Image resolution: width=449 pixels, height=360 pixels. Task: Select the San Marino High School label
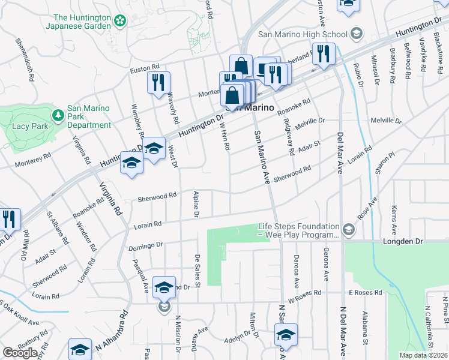coord(304,34)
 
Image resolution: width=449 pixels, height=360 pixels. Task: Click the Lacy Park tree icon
coord(58,114)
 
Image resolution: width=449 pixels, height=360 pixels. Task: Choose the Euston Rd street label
coord(145,70)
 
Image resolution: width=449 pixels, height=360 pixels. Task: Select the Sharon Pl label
coord(384,163)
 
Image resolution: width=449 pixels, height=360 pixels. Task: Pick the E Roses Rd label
coord(366,293)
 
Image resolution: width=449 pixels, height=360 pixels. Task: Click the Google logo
coord(20,352)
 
